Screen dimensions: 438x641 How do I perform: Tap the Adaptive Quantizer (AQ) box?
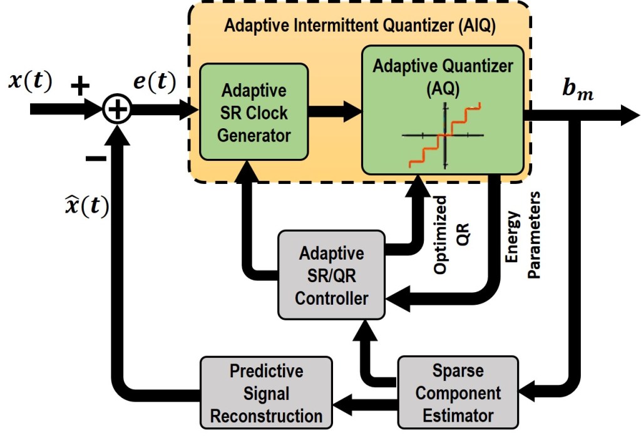443,109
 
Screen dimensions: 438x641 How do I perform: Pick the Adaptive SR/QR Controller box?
331,276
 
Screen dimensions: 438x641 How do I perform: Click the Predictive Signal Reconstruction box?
267,393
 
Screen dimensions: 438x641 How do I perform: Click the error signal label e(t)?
153,81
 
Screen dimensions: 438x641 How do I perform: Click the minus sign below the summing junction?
95,158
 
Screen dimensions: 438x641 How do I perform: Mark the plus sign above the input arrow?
79,87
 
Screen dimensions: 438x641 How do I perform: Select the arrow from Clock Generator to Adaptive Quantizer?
335,111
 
